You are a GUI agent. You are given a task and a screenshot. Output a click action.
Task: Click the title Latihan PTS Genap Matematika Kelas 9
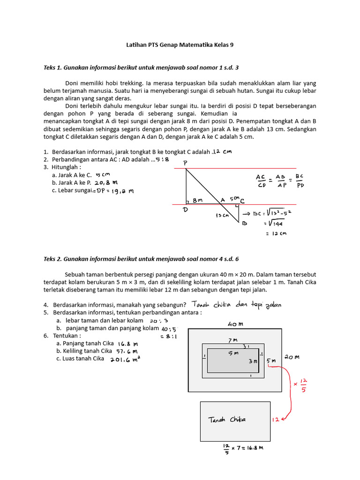click(180, 45)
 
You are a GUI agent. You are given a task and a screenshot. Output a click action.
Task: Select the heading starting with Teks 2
click(141, 259)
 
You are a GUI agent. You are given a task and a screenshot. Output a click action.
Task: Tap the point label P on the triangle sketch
click(185, 162)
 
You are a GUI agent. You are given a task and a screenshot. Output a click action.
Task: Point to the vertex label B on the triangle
click(244, 224)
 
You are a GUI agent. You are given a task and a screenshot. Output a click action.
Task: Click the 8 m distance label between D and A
click(198, 200)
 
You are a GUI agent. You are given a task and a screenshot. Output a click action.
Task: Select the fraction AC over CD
click(261, 180)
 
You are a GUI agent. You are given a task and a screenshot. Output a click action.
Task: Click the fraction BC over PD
click(300, 180)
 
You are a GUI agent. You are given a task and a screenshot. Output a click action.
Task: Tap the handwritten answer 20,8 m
click(106, 183)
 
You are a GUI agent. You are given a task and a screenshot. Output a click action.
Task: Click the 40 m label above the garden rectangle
click(235, 324)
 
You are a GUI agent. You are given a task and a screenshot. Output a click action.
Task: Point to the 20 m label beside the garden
click(291, 357)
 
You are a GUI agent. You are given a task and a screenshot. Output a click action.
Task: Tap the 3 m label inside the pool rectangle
click(253, 361)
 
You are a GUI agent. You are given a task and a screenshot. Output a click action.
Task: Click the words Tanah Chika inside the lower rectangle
click(227, 419)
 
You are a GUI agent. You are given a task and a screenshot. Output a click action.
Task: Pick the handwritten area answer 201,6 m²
click(125, 359)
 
